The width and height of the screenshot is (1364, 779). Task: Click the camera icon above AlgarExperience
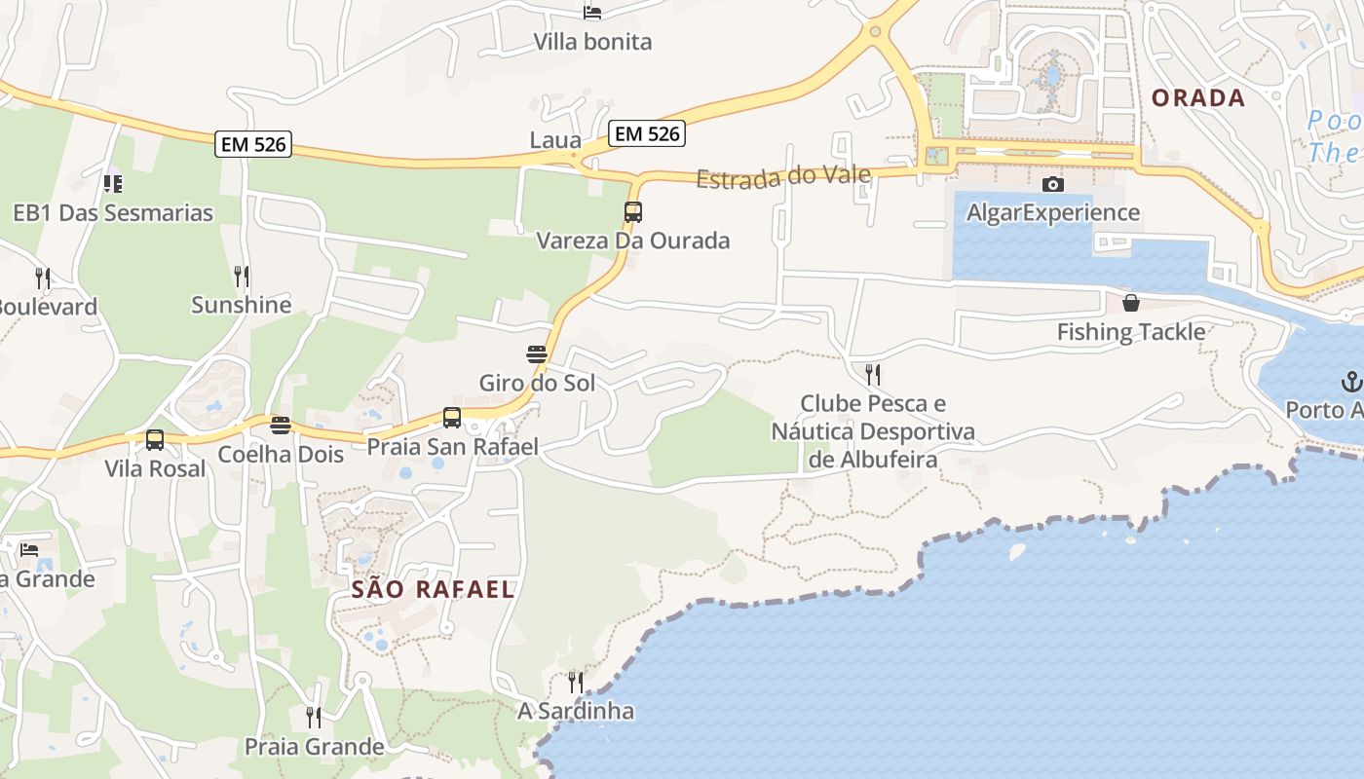pos(1053,184)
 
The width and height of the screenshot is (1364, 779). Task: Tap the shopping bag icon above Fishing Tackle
pos(1131,303)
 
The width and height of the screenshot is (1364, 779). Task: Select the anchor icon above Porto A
pos(1351,380)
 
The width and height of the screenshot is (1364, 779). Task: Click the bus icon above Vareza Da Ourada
pos(633,211)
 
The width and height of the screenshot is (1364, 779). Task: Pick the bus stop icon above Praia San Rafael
pos(452,418)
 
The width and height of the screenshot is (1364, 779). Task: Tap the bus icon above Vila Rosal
pos(155,440)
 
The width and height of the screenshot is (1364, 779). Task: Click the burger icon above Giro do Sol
pos(537,353)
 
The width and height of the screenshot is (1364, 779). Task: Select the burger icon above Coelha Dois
pos(281,426)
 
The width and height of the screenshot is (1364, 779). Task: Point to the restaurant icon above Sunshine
pos(242,276)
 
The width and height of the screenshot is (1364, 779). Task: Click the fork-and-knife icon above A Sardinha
pos(576,682)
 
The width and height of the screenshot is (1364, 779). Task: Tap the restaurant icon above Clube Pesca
pos(873,374)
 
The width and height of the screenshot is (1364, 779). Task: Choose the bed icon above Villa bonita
pos(592,13)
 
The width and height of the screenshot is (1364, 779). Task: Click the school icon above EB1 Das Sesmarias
pos(113,183)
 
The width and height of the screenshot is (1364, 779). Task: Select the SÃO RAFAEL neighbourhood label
pos(433,589)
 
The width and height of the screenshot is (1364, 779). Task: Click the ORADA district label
pos(1198,97)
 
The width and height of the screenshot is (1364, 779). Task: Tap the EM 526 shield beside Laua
pos(648,133)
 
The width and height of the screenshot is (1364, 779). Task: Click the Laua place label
pos(555,140)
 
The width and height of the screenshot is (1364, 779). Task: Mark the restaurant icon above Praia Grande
pos(314,718)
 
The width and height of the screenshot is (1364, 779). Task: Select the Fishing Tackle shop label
pos(1131,332)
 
